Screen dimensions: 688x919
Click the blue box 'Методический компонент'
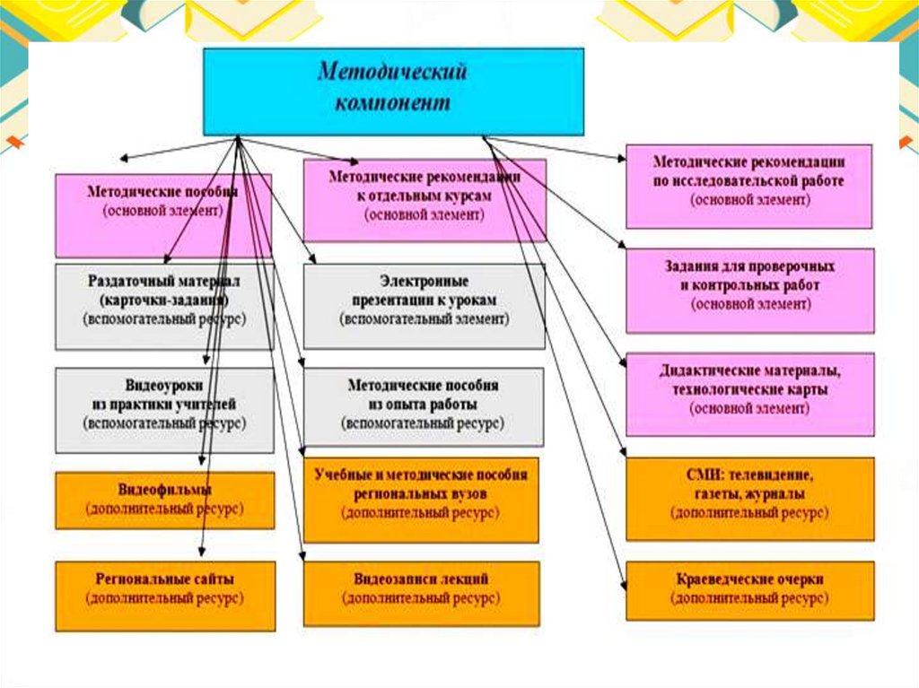point(394,90)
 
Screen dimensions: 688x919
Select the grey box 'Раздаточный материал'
point(164,306)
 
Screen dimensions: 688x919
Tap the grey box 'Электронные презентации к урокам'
point(424,306)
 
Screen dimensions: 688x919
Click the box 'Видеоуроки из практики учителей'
point(164,409)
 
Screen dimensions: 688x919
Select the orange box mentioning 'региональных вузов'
point(421,500)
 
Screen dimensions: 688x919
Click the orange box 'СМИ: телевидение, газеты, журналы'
point(749,499)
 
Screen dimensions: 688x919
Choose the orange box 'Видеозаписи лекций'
point(421,593)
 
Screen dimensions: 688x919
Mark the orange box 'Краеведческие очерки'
point(749,590)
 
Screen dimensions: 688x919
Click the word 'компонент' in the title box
point(393,103)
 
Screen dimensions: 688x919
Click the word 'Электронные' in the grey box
point(424,282)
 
